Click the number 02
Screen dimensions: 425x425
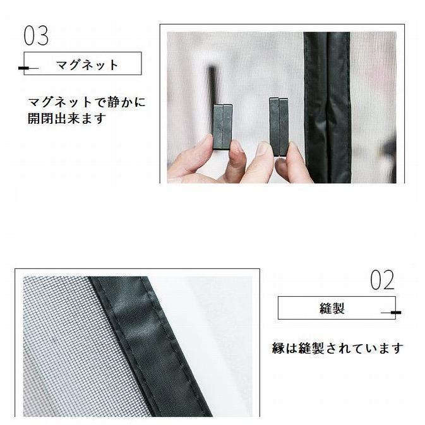point(382,280)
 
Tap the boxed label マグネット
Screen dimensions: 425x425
point(87,64)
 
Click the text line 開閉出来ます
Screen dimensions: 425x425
point(66,119)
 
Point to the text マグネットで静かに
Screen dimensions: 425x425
point(87,102)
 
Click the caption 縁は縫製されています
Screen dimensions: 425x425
point(337,349)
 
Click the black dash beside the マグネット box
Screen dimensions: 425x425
point(23,67)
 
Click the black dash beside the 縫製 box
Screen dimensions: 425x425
point(396,313)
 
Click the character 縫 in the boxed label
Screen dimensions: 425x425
point(326,309)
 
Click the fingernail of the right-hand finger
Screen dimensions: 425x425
point(263,148)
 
